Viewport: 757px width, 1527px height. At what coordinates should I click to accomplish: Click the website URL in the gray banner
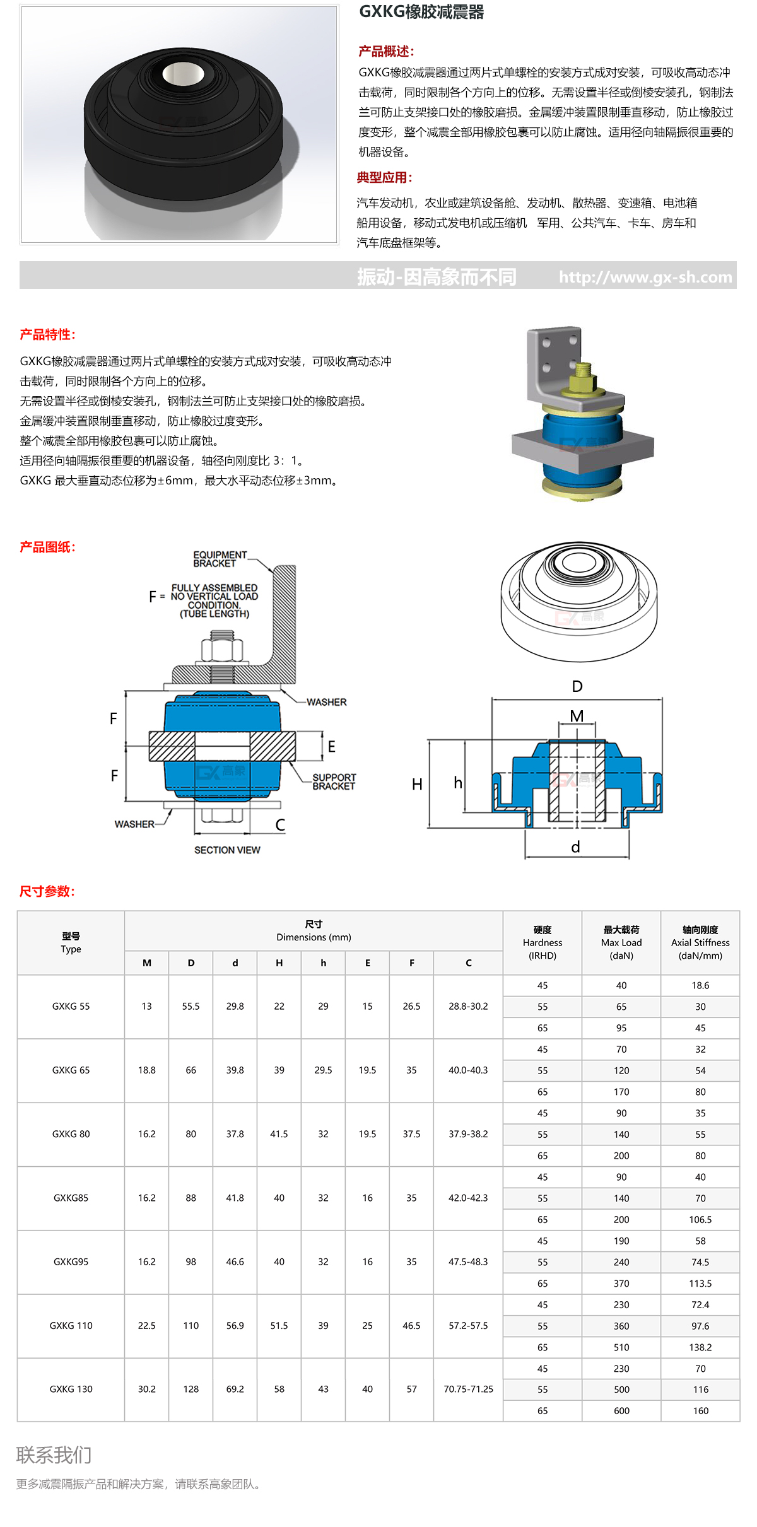click(645, 277)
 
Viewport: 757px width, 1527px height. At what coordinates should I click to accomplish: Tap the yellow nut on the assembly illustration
click(582, 381)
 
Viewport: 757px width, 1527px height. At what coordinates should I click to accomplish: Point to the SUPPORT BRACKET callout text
click(334, 781)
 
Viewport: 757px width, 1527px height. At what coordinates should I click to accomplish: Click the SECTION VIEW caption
click(227, 850)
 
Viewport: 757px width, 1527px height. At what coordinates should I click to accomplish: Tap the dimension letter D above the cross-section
click(577, 686)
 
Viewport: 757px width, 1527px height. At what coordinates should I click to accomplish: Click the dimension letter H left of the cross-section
click(417, 784)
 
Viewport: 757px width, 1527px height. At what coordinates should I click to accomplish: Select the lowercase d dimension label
click(575, 847)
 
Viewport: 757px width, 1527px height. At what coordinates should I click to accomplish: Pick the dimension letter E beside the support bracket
click(331, 747)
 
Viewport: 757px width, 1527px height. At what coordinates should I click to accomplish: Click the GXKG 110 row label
click(71, 1325)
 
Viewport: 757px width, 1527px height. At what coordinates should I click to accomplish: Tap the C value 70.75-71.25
click(468, 1389)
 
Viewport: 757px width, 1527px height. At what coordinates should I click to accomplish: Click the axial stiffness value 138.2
click(700, 1347)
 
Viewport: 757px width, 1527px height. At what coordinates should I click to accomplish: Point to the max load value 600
click(621, 1410)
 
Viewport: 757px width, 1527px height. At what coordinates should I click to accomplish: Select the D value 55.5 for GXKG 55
click(191, 1006)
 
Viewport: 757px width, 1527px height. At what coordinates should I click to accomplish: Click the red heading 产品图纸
click(47, 547)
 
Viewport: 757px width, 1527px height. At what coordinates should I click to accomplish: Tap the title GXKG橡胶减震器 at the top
click(421, 12)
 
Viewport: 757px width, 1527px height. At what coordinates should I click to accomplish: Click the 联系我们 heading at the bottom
click(54, 1454)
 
